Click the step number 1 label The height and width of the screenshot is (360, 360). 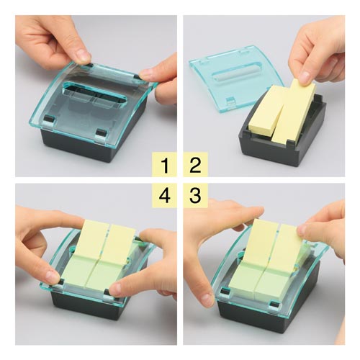click(x=165, y=165)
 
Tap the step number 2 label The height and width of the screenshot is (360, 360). click(x=195, y=165)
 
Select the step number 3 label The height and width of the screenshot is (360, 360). click(x=195, y=195)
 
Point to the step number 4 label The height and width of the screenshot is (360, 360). click(x=165, y=195)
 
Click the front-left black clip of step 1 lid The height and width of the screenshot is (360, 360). click(x=50, y=118)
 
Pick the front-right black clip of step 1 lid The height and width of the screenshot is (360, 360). click(x=101, y=132)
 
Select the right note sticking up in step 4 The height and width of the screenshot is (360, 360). click(x=120, y=243)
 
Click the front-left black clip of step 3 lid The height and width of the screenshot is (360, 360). click(x=225, y=291)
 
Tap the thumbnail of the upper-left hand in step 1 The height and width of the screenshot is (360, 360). click(x=84, y=55)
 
